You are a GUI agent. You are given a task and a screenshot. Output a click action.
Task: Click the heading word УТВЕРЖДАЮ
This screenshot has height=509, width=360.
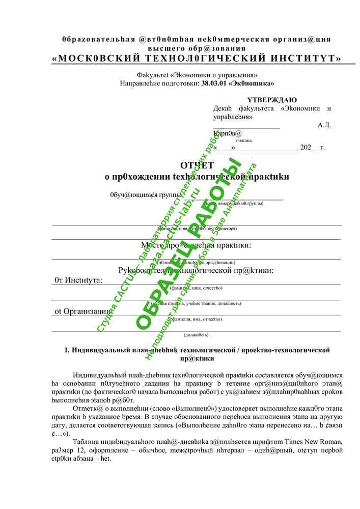point(272,100)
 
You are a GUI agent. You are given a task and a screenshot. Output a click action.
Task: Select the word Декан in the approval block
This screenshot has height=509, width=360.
point(223,108)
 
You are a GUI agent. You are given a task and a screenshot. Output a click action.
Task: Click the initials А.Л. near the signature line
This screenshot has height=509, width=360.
point(324,125)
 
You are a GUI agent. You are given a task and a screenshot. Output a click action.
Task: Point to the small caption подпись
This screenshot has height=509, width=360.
point(244,140)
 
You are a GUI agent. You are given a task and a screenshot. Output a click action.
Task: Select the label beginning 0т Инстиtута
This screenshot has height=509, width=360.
point(78,280)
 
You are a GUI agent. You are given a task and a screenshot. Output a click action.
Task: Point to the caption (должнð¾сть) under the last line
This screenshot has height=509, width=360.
point(196,334)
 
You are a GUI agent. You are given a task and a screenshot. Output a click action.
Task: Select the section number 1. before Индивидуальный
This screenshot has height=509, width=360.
point(67,350)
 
